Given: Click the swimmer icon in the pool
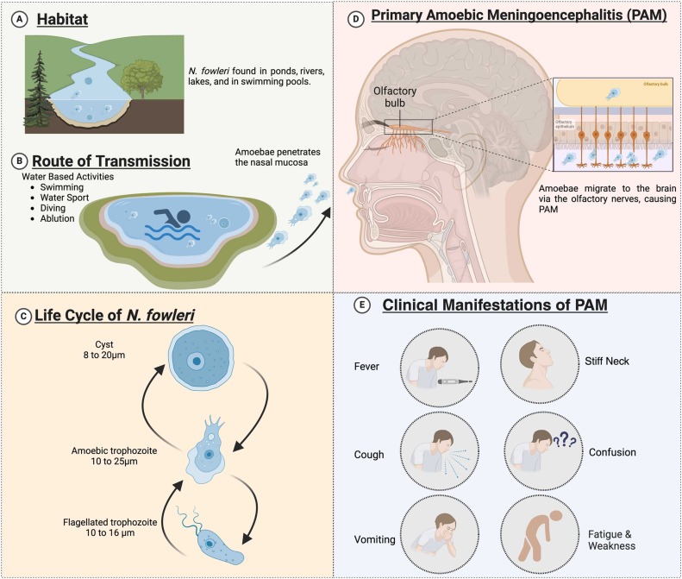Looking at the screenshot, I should pyautogui.click(x=170, y=219).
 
